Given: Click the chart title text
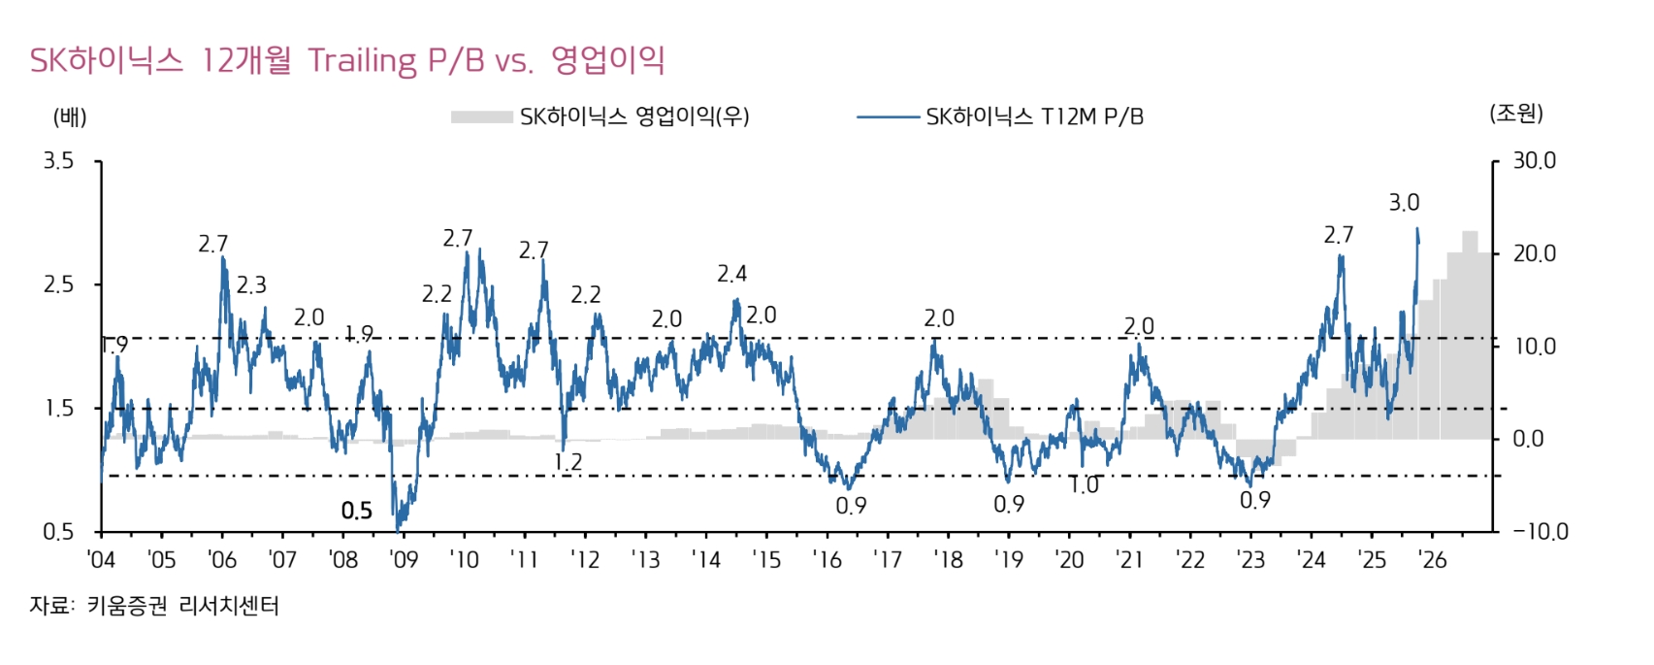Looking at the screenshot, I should pyautogui.click(x=347, y=60).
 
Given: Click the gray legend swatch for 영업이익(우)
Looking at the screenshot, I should pyautogui.click(x=481, y=117).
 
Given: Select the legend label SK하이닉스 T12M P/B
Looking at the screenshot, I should pyautogui.click(x=1034, y=117).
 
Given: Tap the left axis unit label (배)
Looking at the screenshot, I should pyautogui.click(x=70, y=117).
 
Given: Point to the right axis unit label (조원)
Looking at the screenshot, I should pyautogui.click(x=1515, y=114).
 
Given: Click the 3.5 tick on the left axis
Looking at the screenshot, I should pyautogui.click(x=58, y=161).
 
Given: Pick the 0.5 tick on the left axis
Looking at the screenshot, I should pyautogui.click(x=58, y=532).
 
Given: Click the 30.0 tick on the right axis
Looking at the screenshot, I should pyautogui.click(x=1534, y=161).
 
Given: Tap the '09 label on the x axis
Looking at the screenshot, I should pyautogui.click(x=403, y=560).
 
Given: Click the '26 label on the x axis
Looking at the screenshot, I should pyautogui.click(x=1432, y=560).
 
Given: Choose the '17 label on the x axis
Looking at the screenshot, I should pyautogui.click(x=887, y=560).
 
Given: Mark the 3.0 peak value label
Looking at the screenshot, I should pyautogui.click(x=1404, y=203).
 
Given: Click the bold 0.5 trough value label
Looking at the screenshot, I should pyautogui.click(x=357, y=511).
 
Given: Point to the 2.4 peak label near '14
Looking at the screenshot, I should pyautogui.click(x=732, y=274).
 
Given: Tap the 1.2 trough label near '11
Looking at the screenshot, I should pyautogui.click(x=568, y=462).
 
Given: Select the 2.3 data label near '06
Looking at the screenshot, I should pyautogui.click(x=251, y=285).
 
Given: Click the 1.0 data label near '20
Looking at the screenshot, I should pyautogui.click(x=1084, y=485).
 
